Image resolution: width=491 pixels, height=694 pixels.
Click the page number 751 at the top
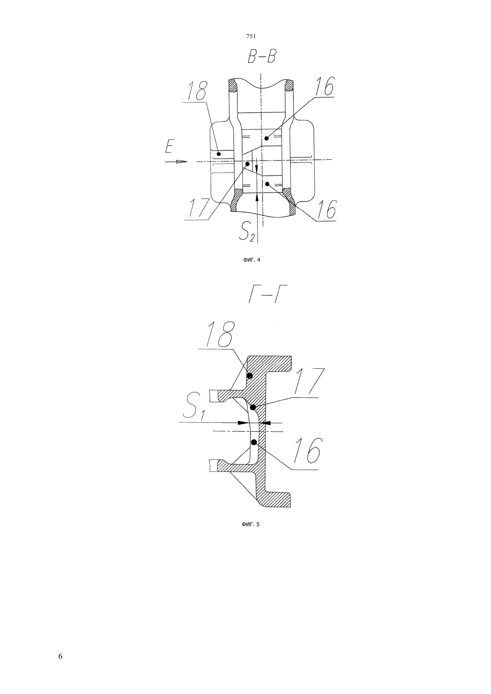click(x=251, y=37)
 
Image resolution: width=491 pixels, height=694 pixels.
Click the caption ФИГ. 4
click(x=251, y=260)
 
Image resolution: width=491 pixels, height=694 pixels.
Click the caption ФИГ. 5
click(x=250, y=525)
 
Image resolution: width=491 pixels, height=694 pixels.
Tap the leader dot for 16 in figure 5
click(x=254, y=442)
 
